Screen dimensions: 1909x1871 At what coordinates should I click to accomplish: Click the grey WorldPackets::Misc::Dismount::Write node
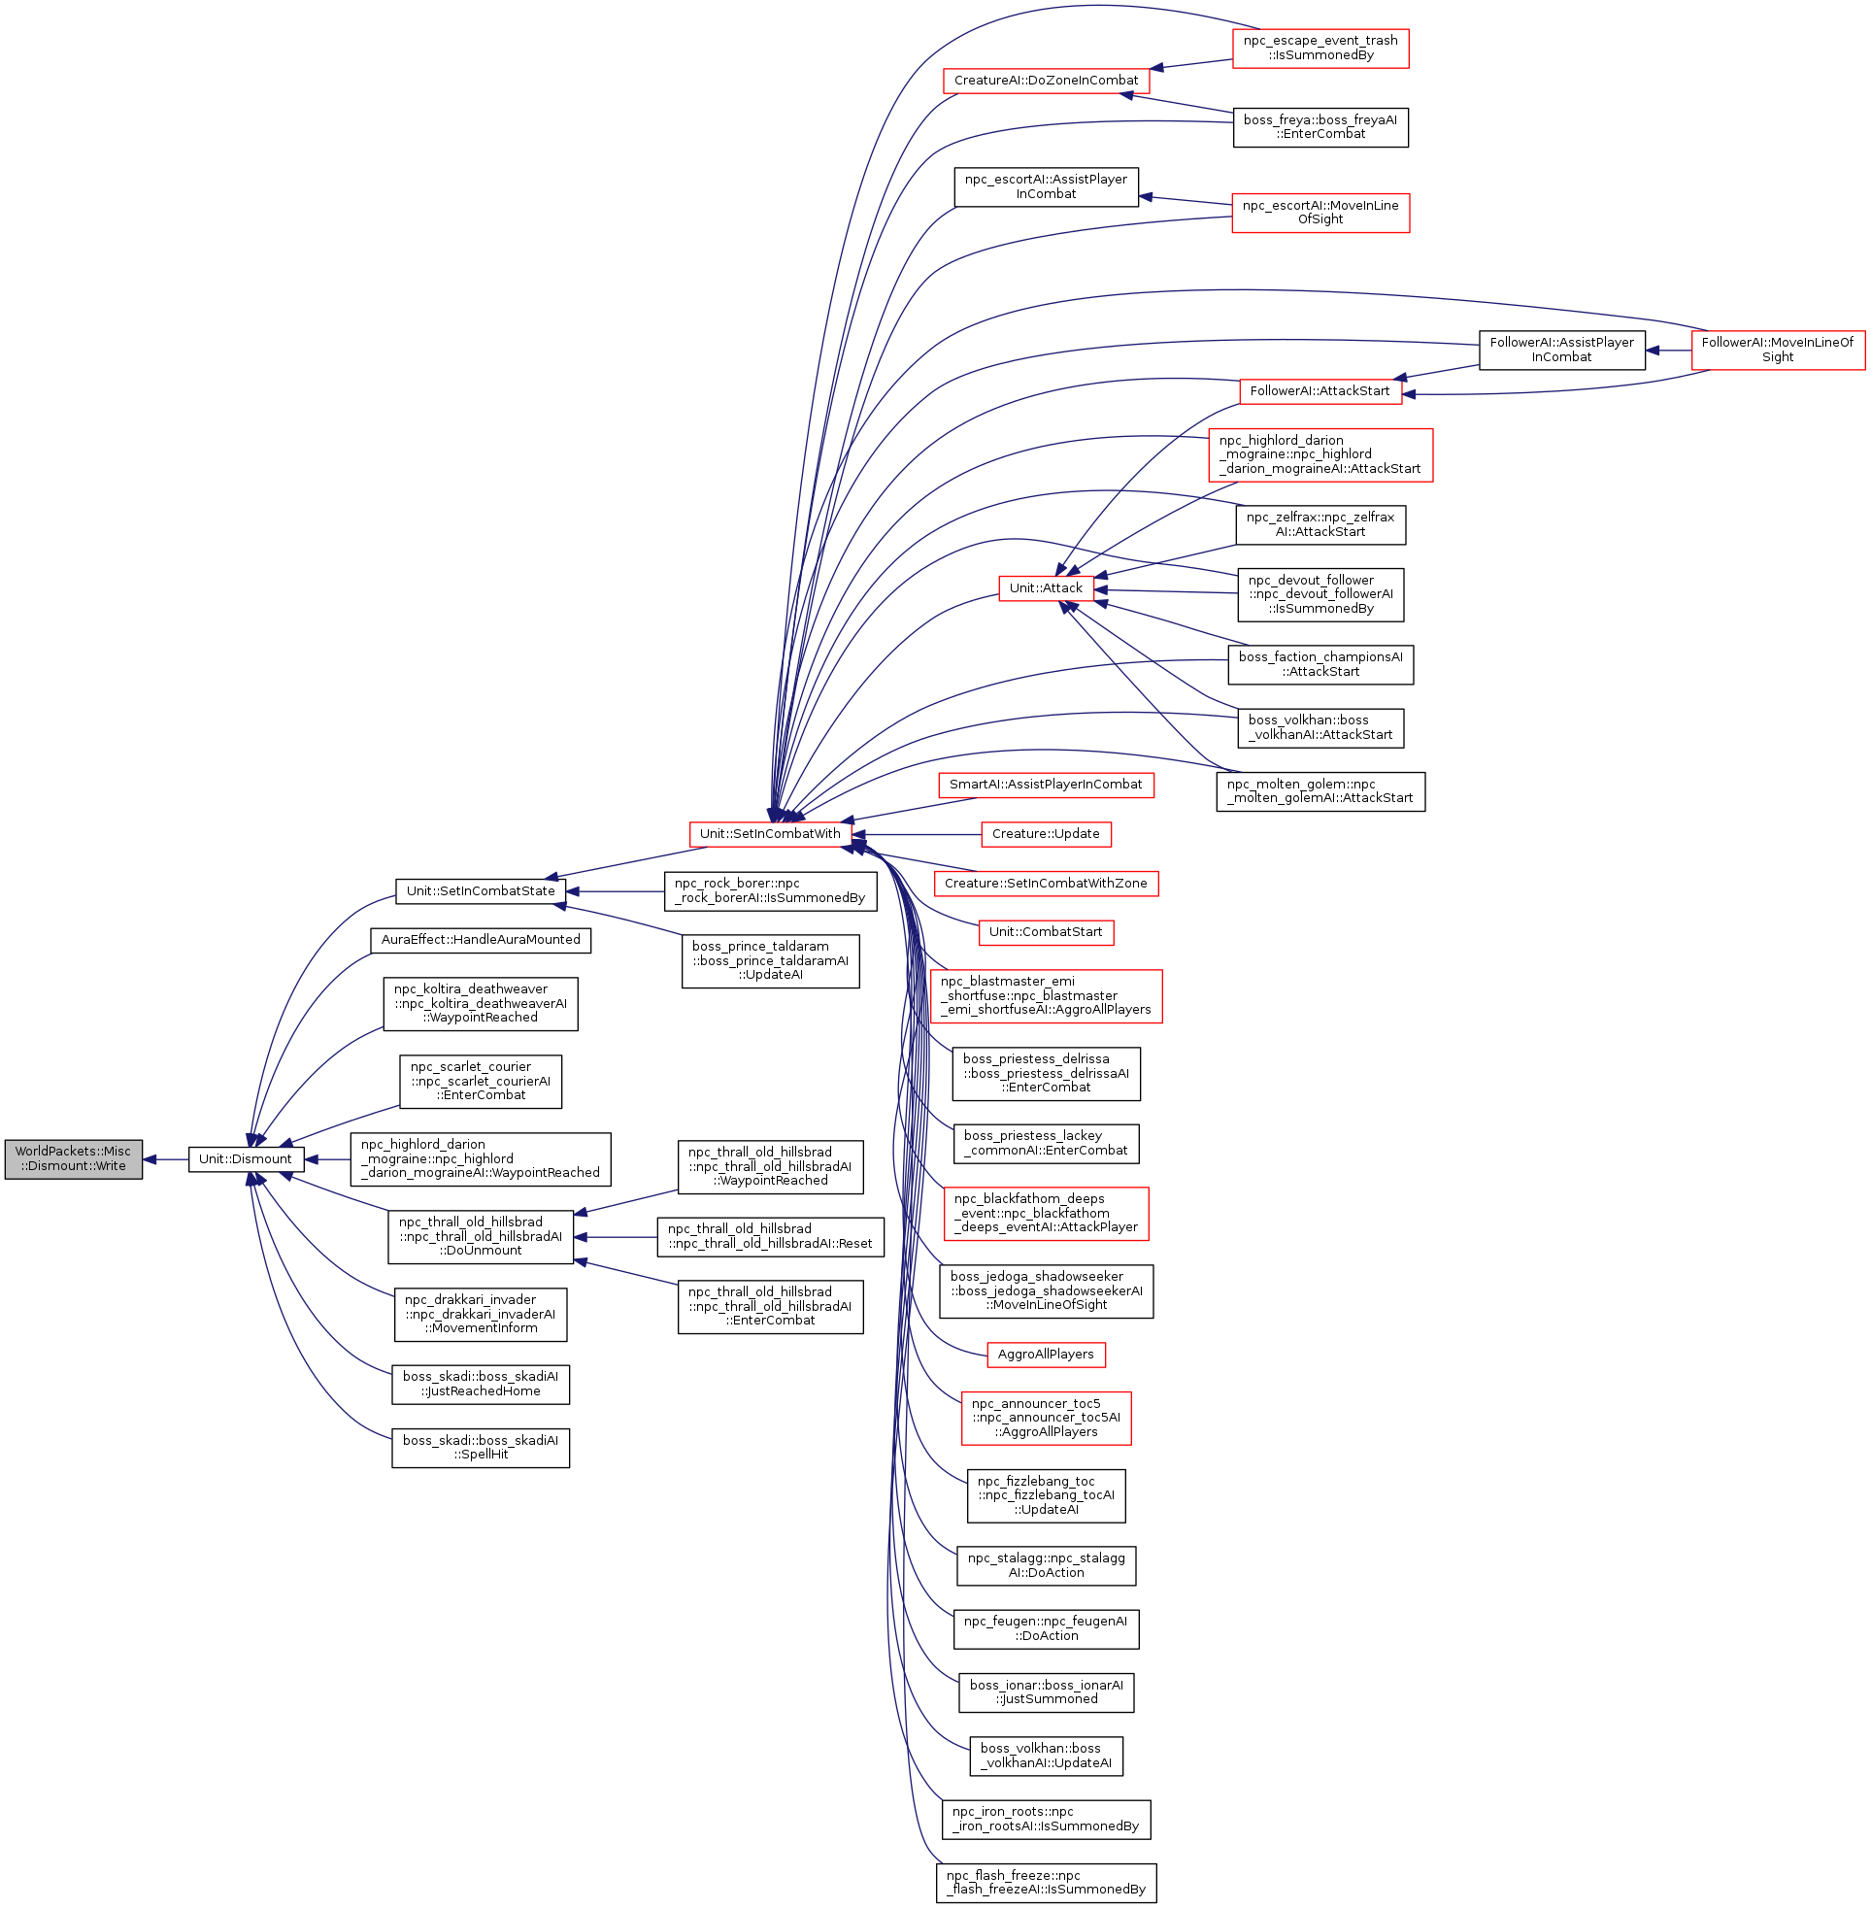click(x=73, y=1159)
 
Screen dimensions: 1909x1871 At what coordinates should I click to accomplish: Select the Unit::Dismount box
click(x=245, y=1159)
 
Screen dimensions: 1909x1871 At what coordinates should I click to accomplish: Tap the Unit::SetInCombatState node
click(x=481, y=891)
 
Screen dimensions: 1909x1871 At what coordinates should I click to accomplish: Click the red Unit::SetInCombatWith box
click(x=769, y=834)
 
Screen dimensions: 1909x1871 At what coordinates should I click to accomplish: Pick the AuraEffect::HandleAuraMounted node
click(x=481, y=940)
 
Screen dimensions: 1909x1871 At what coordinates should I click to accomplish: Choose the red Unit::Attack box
click(x=1046, y=588)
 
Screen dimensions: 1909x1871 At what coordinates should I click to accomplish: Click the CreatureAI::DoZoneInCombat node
click(x=1046, y=81)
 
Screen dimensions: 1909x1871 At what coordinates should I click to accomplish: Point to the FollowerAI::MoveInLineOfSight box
click(x=1778, y=350)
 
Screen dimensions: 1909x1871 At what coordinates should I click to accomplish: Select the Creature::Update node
click(x=1046, y=834)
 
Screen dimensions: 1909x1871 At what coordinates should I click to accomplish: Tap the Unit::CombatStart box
click(x=1046, y=932)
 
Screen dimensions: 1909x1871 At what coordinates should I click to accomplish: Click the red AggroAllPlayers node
click(x=1046, y=1355)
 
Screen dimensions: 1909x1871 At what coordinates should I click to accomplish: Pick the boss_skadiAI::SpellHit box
click(x=481, y=1447)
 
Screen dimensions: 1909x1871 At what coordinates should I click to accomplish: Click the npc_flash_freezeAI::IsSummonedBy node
click(x=1046, y=1883)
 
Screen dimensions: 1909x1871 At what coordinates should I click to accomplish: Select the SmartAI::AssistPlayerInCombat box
click(x=1046, y=785)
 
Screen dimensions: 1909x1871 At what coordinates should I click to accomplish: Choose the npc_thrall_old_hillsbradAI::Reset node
click(x=769, y=1236)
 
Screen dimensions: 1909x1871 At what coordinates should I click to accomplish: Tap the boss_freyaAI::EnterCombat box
click(x=1320, y=127)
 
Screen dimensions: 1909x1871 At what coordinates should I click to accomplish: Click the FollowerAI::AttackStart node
click(x=1320, y=391)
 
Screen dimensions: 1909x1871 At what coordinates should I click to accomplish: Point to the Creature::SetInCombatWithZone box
click(x=1046, y=884)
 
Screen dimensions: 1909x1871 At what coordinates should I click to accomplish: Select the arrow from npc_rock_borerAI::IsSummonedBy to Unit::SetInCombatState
click(x=616, y=891)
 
